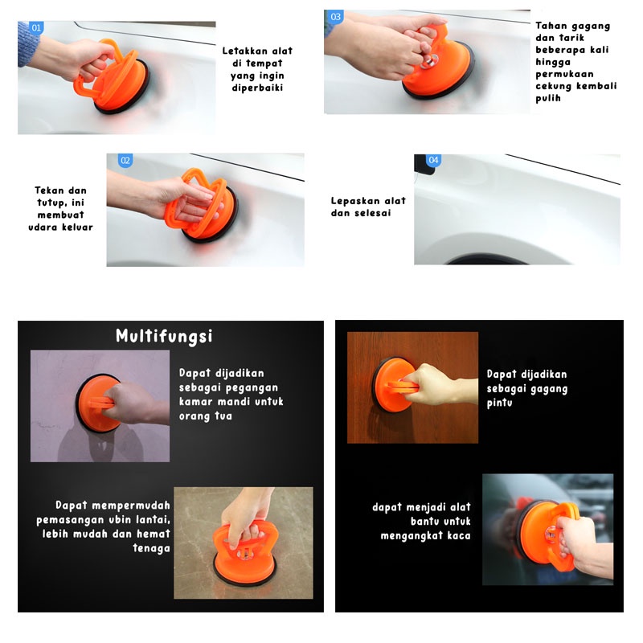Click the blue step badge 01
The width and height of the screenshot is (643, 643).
36,28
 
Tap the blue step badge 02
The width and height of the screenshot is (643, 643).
125,160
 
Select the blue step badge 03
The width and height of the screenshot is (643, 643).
335,17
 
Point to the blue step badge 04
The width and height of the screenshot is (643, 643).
433,160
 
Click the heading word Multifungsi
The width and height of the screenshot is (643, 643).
164,336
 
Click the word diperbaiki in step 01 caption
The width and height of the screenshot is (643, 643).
257,88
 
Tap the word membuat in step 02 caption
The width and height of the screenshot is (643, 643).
61,215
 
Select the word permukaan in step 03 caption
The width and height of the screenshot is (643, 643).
564,75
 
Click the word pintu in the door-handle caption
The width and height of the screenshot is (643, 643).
499,403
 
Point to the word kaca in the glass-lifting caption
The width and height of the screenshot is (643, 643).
459,535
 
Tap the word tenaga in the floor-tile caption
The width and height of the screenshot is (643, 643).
151,549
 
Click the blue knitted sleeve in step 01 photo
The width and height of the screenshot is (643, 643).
27,44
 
